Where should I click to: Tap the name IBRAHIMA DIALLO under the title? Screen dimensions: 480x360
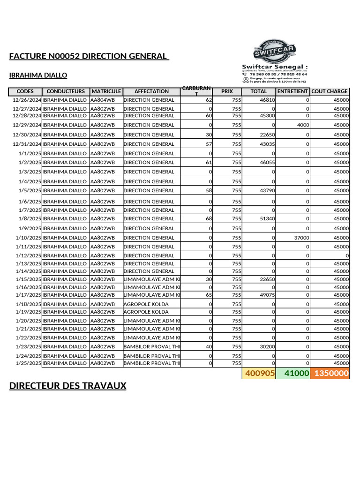38,75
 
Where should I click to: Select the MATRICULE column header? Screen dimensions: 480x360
106,91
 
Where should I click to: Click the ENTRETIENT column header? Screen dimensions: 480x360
292,91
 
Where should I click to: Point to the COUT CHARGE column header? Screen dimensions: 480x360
330,91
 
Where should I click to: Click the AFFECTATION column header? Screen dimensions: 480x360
151,91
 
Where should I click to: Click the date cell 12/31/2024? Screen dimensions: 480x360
27,144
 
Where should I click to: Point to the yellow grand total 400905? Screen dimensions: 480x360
258,374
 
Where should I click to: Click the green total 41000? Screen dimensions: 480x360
292,374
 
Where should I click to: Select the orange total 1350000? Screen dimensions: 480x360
330,374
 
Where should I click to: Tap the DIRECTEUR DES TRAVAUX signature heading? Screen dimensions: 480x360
68,386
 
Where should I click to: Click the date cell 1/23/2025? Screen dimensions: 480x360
28,346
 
